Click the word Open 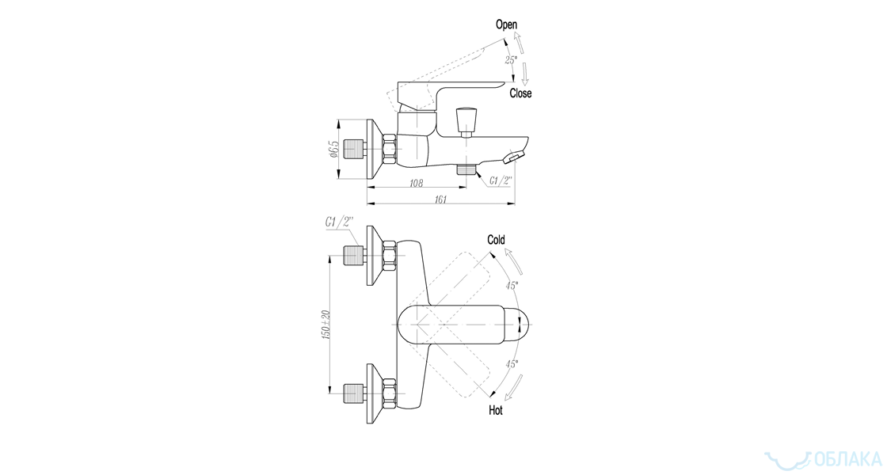[x=506, y=25]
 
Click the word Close [x=520, y=93]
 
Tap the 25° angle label [x=511, y=59]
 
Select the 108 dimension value [x=416, y=183]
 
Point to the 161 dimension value [x=440, y=199]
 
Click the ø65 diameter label [x=333, y=150]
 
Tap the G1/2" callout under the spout [x=501, y=180]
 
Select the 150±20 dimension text [x=325, y=325]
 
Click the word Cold [x=496, y=240]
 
